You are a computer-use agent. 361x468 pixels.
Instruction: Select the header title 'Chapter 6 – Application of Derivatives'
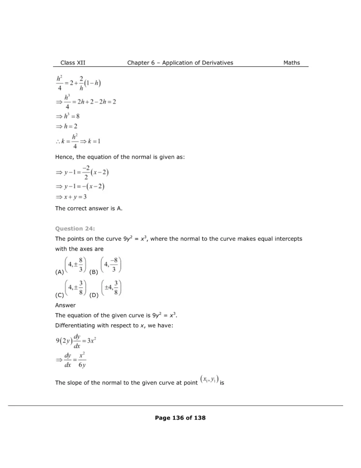pyautogui.click(x=180, y=63)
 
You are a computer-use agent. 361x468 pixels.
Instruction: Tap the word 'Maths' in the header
pyautogui.click(x=292, y=63)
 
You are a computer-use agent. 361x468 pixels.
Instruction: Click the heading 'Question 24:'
pyautogui.click(x=75, y=229)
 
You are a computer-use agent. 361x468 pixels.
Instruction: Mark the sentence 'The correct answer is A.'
pyautogui.click(x=89, y=209)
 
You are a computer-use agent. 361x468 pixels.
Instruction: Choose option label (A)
pyautogui.click(x=59, y=272)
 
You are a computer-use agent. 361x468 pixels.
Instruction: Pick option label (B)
pyautogui.click(x=94, y=272)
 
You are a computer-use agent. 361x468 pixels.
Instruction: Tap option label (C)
pyautogui.click(x=59, y=295)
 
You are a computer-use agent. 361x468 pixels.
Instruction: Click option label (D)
pyautogui.click(x=94, y=295)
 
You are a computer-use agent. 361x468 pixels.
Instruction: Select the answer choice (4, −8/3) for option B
pyautogui.click(x=111, y=265)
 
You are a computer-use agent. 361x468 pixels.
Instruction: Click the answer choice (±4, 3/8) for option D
pyautogui.click(x=111, y=288)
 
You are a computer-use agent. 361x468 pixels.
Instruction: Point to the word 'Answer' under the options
pyautogui.click(x=65, y=305)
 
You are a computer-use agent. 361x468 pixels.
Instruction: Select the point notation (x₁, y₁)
pyautogui.click(x=209, y=379)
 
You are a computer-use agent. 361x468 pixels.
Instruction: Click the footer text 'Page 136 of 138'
pyautogui.click(x=180, y=417)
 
